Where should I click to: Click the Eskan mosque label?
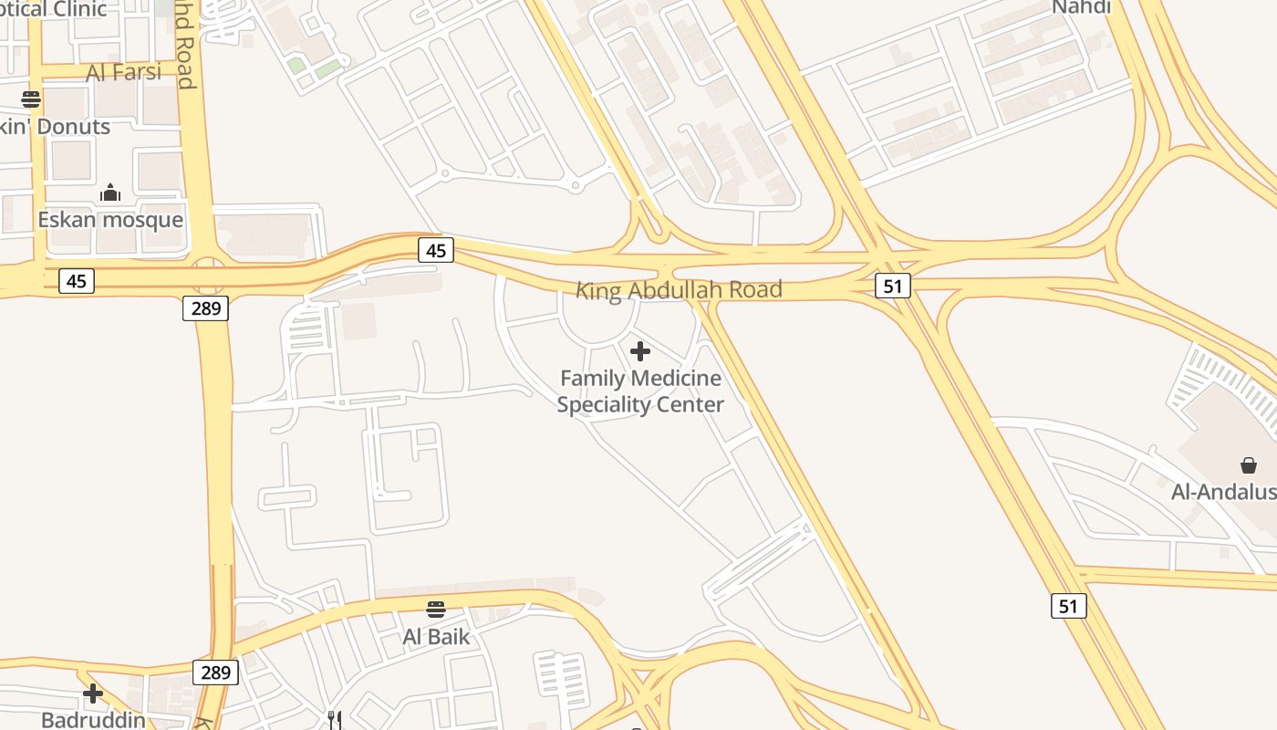point(110,220)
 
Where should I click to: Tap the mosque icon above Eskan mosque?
point(110,193)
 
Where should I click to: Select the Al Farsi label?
point(123,72)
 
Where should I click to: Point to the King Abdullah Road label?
point(679,290)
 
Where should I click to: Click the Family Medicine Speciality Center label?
point(640,391)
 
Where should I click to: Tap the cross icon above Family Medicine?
point(640,350)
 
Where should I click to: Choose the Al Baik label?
point(436,636)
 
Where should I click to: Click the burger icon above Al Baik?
point(436,609)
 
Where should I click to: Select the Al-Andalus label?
point(1223,492)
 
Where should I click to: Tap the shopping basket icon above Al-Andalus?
point(1249,465)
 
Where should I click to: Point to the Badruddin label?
point(93,720)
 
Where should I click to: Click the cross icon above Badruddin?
point(93,693)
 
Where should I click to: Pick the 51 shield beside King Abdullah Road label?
point(892,286)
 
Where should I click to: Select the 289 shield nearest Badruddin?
point(215,673)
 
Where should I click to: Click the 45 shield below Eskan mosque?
point(77,281)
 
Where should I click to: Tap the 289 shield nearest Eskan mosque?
point(206,308)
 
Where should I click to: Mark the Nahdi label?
point(1081,7)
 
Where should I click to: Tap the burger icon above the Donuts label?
point(32,99)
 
